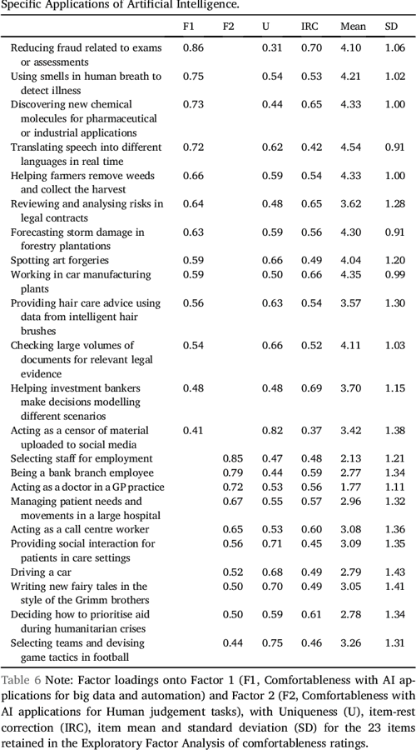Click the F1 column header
pos(189,27)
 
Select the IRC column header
pos(310,27)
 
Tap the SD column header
pos(391,27)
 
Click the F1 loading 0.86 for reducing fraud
pos(192,48)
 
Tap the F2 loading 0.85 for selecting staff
pos(232,458)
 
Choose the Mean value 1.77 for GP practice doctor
pos(353,487)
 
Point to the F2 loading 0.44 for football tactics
pos(232,642)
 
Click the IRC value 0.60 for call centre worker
pos(312,529)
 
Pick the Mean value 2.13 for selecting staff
pos(353,458)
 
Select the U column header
pos(265,27)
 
